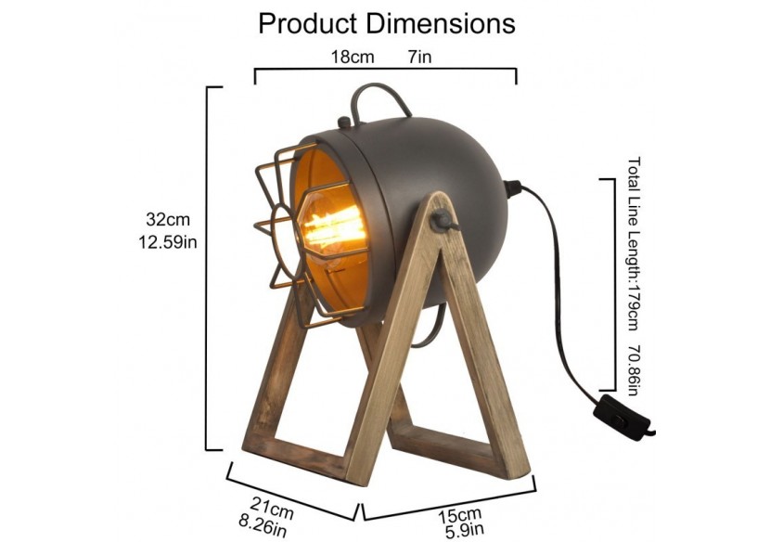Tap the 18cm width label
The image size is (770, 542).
tap(353, 57)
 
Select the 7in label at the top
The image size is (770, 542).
tap(419, 57)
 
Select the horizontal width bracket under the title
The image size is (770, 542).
tap(385, 70)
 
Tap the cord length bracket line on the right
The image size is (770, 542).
tap(613, 283)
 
